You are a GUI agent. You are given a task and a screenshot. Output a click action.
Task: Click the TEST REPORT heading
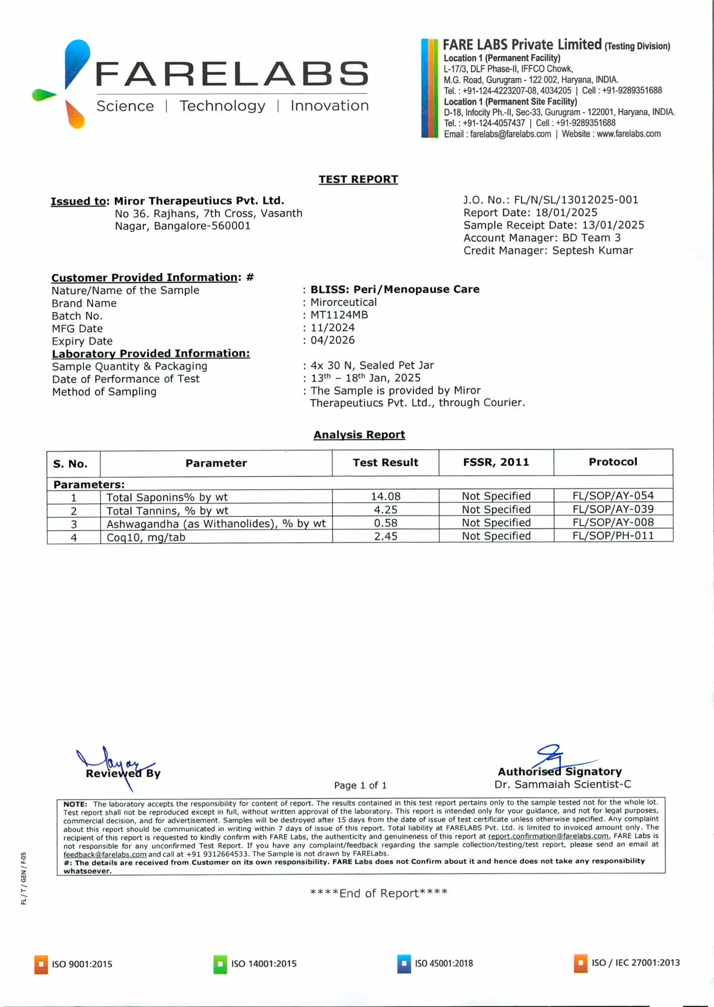coord(358,179)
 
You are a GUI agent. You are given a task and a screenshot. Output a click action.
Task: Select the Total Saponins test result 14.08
coord(386,496)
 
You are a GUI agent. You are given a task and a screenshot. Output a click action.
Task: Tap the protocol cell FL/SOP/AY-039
coord(613,509)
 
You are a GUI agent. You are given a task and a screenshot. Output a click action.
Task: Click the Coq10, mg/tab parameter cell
coord(146,537)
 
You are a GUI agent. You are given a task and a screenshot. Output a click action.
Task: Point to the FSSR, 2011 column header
coord(496,462)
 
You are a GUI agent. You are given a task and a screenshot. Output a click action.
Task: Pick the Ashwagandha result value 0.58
coord(386,523)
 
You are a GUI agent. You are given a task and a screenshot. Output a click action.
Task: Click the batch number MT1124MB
coord(339,315)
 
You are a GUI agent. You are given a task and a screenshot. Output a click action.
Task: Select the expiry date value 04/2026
coord(332,340)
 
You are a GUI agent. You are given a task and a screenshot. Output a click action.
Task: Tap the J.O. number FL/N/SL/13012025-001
coord(576,200)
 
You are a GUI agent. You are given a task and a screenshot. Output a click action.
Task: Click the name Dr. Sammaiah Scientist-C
coord(562,784)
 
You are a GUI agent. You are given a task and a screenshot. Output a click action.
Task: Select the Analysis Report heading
coord(359,435)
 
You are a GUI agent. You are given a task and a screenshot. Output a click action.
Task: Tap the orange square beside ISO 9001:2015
coord(41,964)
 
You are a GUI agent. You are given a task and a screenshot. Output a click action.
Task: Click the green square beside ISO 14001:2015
coord(220,964)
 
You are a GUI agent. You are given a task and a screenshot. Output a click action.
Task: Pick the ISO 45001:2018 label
coord(444,963)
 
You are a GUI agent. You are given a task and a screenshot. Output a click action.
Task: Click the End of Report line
coord(378,893)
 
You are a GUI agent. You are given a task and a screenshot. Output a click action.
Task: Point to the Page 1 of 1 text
coord(360,785)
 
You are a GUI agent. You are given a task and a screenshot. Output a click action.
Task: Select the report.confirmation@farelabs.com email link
coord(549,836)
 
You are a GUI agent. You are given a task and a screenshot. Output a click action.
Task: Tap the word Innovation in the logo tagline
coord(329,106)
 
